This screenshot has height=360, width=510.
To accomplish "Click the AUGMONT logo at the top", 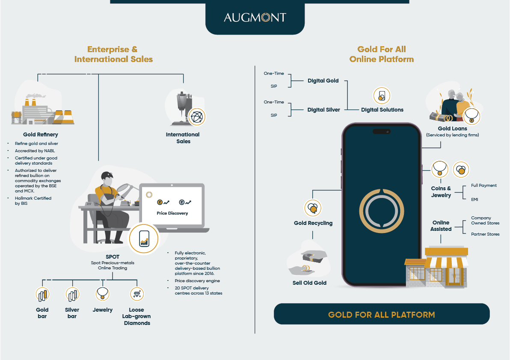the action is [x=255, y=17].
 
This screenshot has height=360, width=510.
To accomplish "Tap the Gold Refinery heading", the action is [x=41, y=135].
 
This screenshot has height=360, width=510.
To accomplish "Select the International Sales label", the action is [x=183, y=138].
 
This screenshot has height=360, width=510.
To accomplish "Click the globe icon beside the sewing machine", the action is [x=197, y=117].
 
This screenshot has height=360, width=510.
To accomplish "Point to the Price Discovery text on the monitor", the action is [x=172, y=213].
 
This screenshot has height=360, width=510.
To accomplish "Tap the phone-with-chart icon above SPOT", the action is [x=144, y=239].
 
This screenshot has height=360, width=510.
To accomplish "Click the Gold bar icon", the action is [x=42, y=294].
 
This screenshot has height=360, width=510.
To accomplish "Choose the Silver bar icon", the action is [x=72, y=294].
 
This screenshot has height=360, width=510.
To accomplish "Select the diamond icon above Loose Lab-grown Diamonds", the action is [x=137, y=294].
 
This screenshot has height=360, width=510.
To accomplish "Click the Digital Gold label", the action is [x=323, y=80].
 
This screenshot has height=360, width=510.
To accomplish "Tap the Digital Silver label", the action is [x=323, y=110].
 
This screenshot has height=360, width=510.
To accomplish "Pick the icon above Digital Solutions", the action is [x=382, y=95].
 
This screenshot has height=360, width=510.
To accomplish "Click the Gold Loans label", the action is [x=452, y=128].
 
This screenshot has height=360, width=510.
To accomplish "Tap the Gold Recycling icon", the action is [x=313, y=208].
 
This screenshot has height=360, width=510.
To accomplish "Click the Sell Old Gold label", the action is [x=309, y=283].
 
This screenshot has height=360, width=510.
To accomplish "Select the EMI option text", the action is [x=474, y=200].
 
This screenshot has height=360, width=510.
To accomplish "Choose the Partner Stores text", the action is [x=485, y=234].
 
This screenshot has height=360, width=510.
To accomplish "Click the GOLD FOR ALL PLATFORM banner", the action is [x=382, y=314].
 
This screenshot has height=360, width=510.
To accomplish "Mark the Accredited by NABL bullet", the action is [x=35, y=151].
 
